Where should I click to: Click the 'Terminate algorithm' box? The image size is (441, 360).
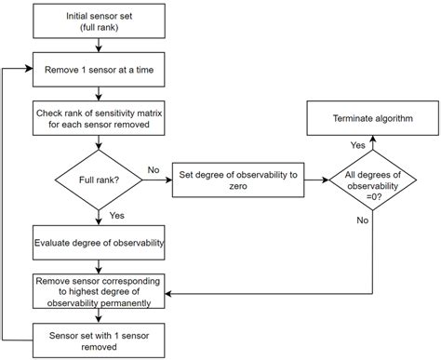(x=372, y=119)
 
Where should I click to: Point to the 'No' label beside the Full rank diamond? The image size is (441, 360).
(x=154, y=169)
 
